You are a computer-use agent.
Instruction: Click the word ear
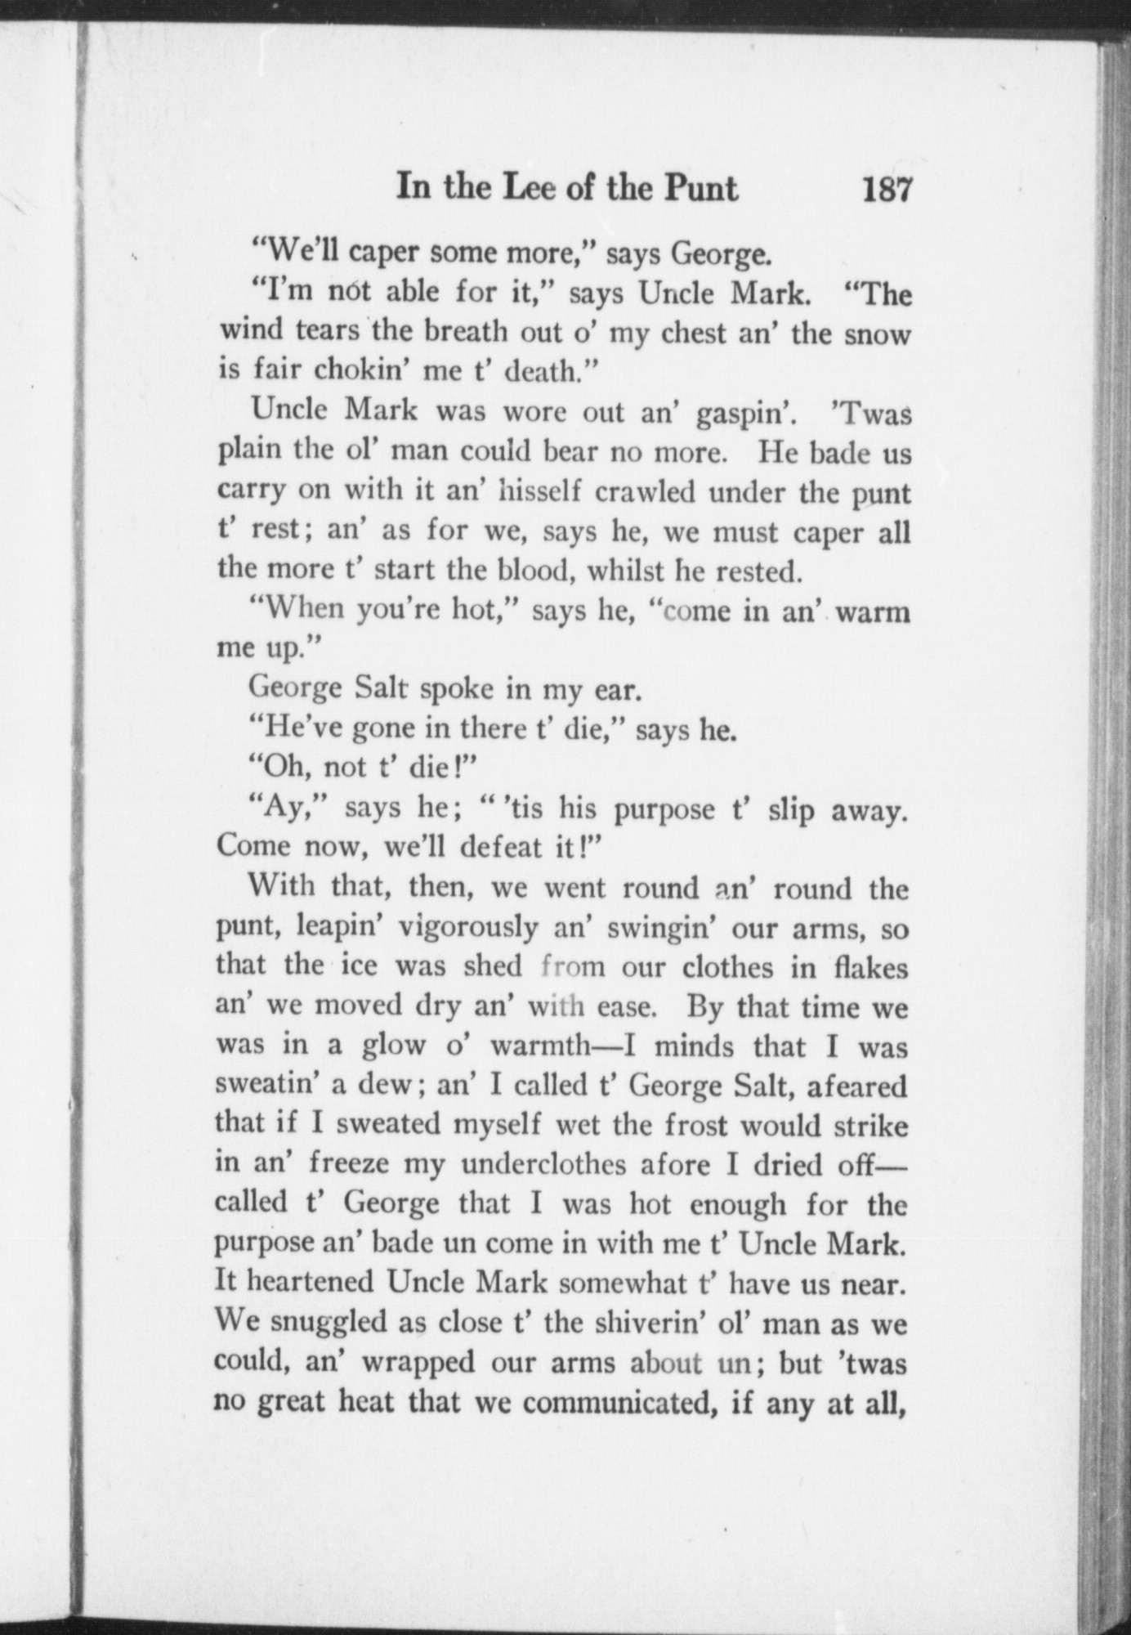(x=612, y=691)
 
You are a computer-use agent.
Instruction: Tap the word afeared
(x=856, y=1086)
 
